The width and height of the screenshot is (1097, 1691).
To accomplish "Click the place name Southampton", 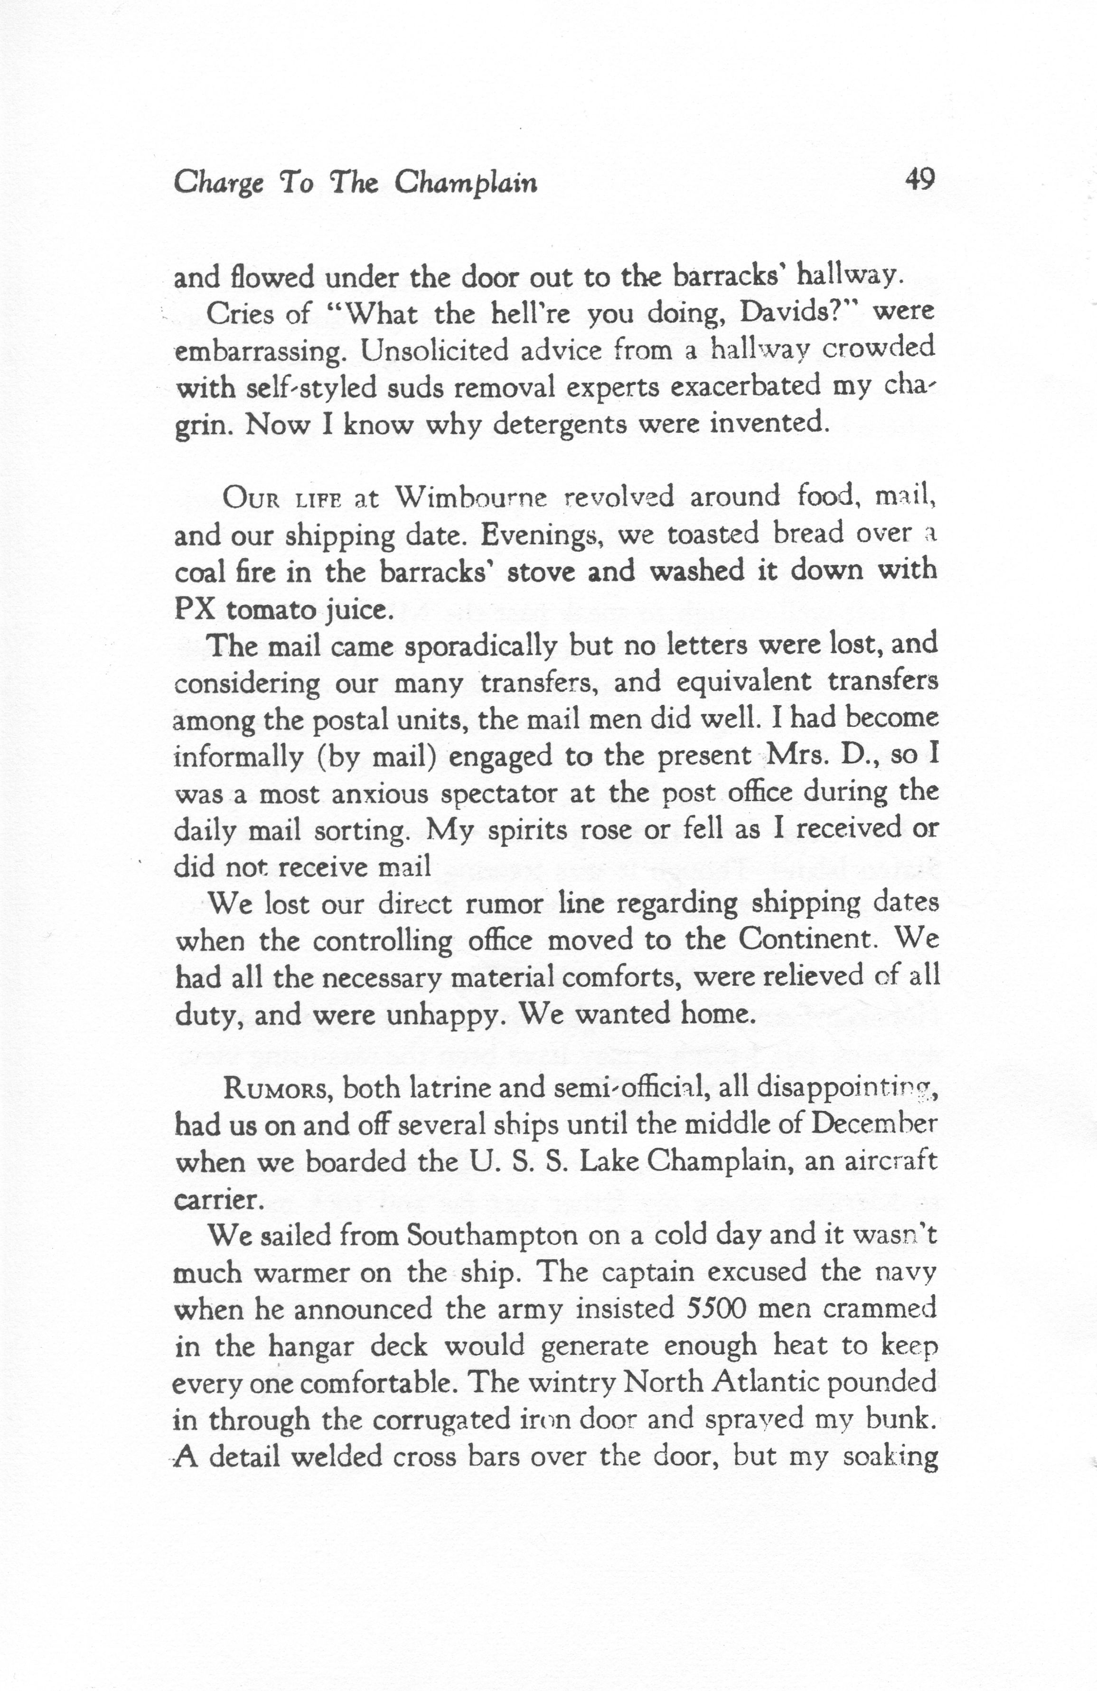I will pos(492,1236).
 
